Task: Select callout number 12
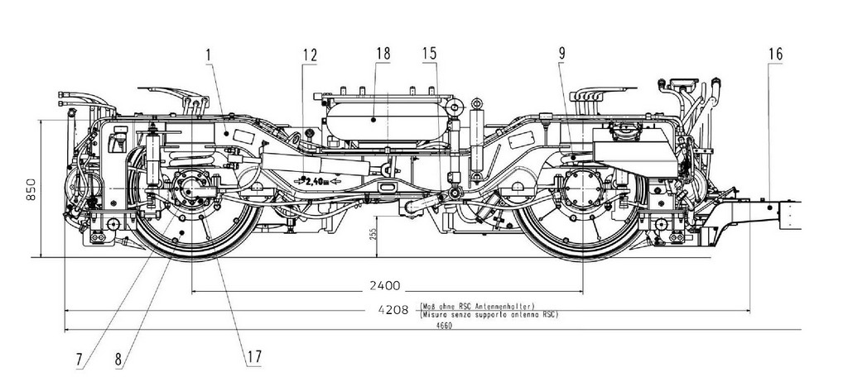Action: click(x=310, y=55)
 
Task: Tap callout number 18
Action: click(x=382, y=55)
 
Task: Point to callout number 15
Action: click(x=428, y=55)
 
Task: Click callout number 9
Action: click(x=562, y=55)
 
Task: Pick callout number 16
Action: click(x=775, y=55)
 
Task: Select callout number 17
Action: click(x=253, y=357)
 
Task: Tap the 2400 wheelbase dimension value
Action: click(x=386, y=286)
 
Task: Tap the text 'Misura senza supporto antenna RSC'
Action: click(x=489, y=315)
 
